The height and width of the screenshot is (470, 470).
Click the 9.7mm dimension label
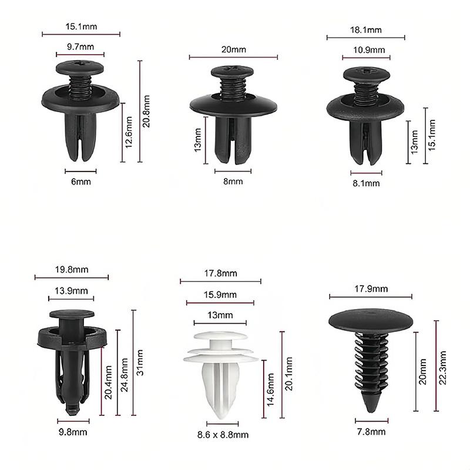[x=80, y=46]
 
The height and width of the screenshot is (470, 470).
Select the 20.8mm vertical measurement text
[x=147, y=111]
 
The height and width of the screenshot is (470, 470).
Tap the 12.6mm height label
[x=130, y=133]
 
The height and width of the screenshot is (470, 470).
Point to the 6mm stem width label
[x=80, y=182]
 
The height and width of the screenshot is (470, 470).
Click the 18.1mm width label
[x=366, y=30]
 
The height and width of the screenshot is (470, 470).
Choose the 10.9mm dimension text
[x=366, y=51]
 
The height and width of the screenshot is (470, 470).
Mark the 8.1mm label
[x=366, y=183]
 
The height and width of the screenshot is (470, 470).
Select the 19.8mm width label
[x=72, y=270]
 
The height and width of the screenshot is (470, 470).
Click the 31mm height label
[x=140, y=363]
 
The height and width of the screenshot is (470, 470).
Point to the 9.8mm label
[x=73, y=432]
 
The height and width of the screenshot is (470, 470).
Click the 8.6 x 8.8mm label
[x=222, y=435]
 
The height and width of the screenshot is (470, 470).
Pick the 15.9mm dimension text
[x=220, y=295]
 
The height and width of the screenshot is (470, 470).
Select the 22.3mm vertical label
[x=443, y=367]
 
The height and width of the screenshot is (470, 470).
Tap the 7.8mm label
[x=371, y=432]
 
